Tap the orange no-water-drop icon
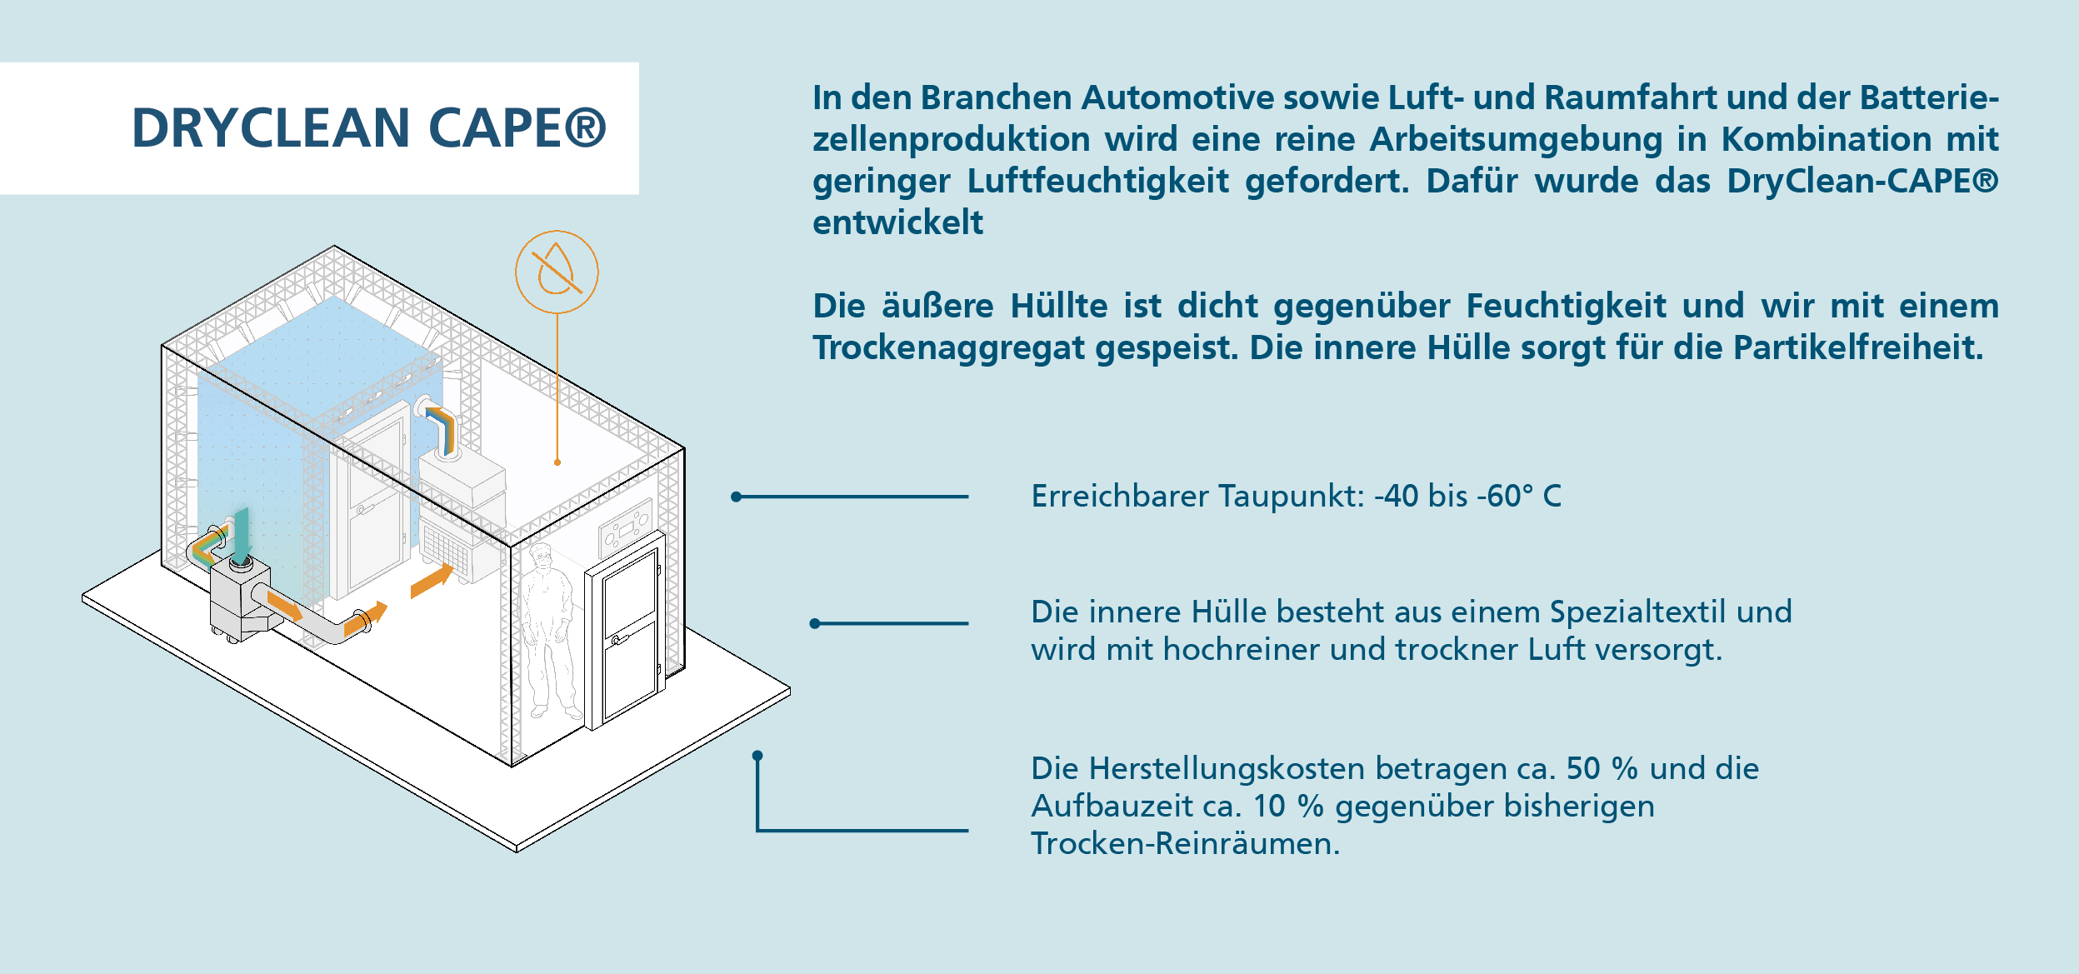coord(557,272)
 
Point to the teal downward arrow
coord(241,537)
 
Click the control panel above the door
coord(624,527)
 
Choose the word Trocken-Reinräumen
coord(1186,843)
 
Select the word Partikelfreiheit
coord(1858,347)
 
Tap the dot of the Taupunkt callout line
coord(736,497)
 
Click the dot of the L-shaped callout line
coord(757,756)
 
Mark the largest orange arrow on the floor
coord(432,580)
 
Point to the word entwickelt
coord(897,222)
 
